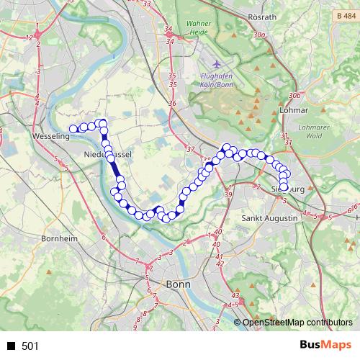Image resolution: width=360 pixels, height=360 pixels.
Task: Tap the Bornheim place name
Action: pyautogui.click(x=54, y=238)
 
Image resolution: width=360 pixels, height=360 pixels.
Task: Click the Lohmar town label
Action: pyautogui.click(x=292, y=111)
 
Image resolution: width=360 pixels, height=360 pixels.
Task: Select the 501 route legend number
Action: pyautogui.click(x=30, y=346)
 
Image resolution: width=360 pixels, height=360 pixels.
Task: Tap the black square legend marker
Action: pyautogui.click(x=12, y=346)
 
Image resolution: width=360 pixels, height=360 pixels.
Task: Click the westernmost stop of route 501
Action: pyautogui.click(x=73, y=130)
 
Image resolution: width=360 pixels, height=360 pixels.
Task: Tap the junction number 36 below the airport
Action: pyautogui.click(x=172, y=104)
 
